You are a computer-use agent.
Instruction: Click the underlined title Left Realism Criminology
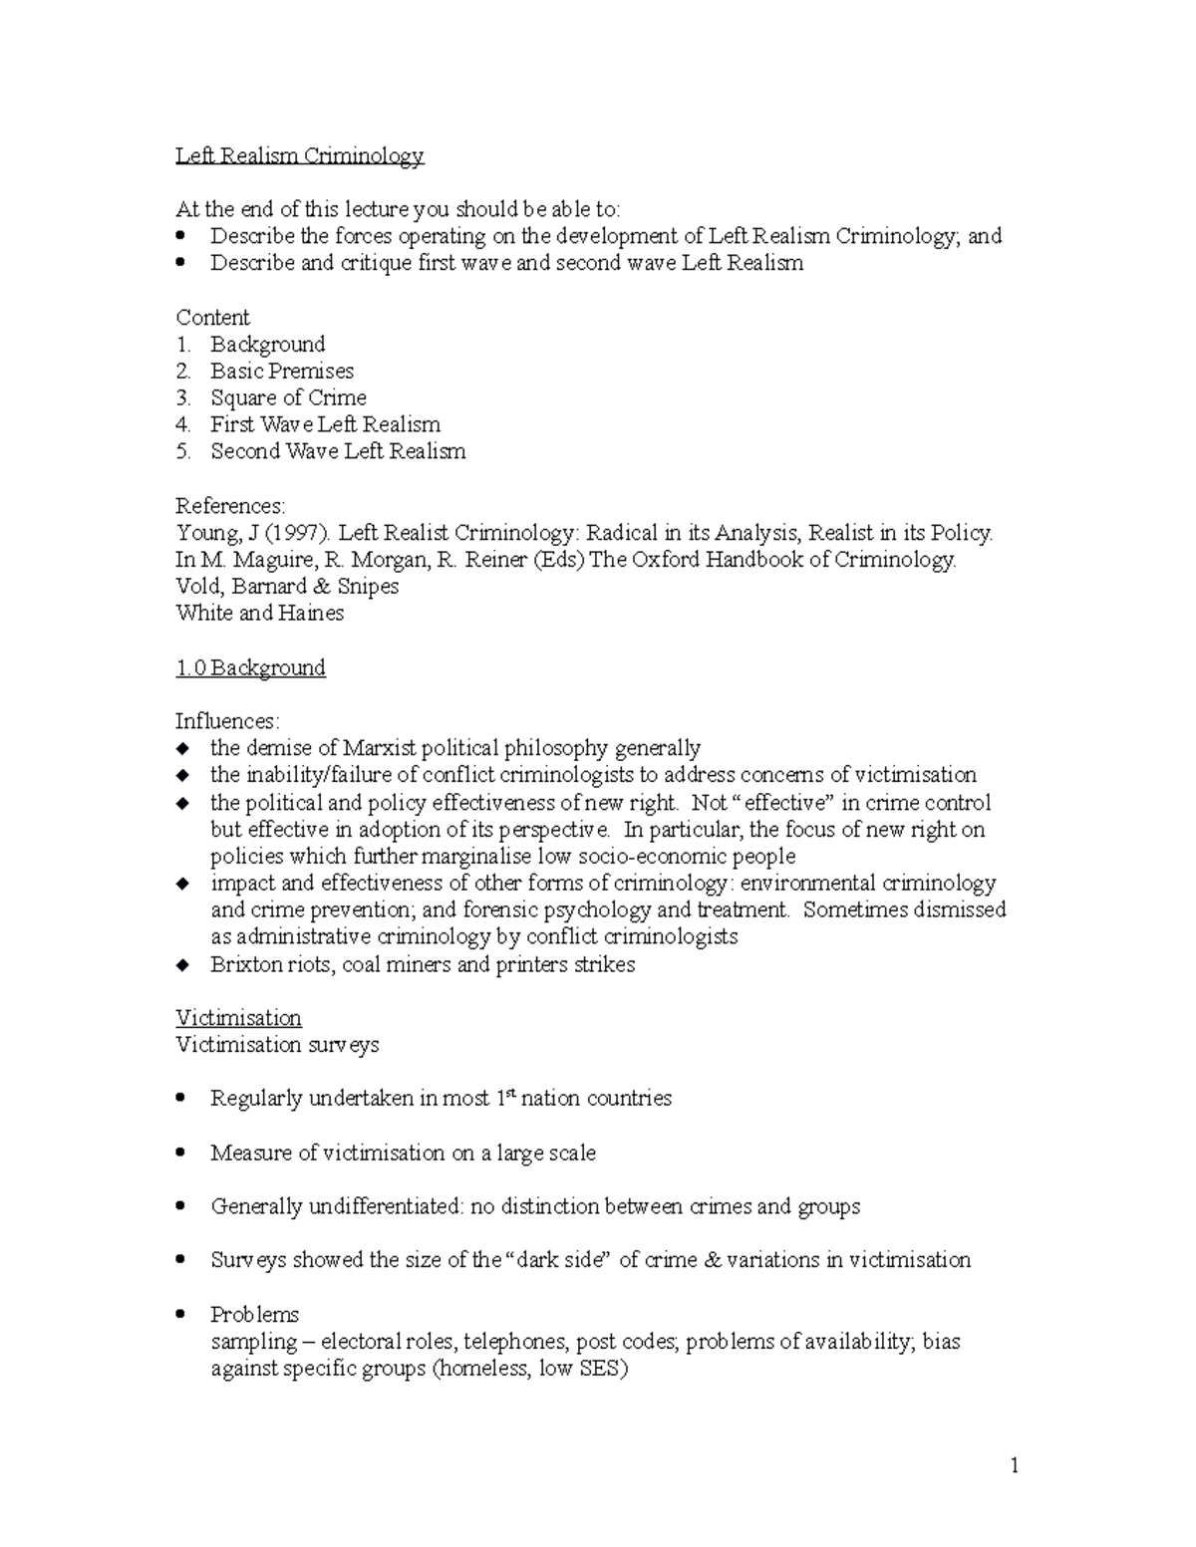pos(299,155)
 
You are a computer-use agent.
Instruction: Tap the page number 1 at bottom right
pos(1015,1465)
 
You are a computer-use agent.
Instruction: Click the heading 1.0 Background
pos(250,667)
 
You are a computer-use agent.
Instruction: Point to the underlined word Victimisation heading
pos(238,1018)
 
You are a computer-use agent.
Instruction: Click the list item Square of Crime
pos(288,397)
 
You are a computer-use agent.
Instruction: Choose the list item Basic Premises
pos(282,371)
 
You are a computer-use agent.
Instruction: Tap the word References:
pos(230,506)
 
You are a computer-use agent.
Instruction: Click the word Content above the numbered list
pos(212,318)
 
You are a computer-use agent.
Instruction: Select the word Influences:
pos(228,721)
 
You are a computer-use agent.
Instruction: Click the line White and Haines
pos(259,614)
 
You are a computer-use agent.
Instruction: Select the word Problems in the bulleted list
pos(254,1314)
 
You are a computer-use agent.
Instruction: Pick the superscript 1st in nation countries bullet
pos(506,1097)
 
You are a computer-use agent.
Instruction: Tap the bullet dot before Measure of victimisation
pos(180,1153)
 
